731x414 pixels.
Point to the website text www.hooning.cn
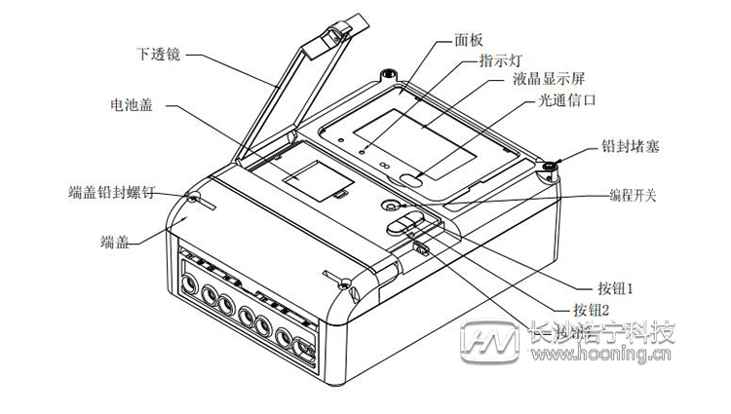pyautogui.click(x=610, y=357)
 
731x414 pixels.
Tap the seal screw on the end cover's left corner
pyautogui.click(x=194, y=198)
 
